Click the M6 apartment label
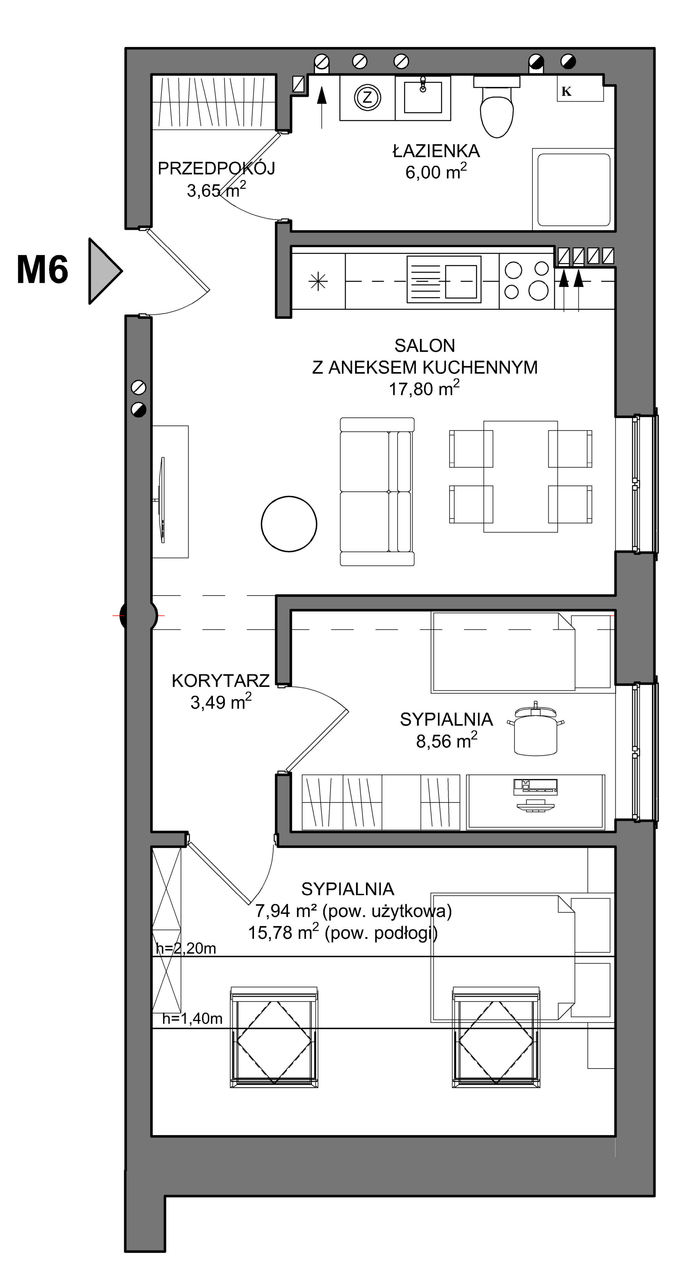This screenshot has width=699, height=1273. pyautogui.click(x=43, y=270)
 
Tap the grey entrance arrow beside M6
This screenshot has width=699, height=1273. pyautogui.click(x=105, y=271)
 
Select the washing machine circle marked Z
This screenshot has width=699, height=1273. pyautogui.click(x=367, y=97)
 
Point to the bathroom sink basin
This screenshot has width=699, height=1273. pyautogui.click(x=423, y=97)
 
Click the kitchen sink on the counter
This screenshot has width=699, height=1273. pyautogui.click(x=444, y=279)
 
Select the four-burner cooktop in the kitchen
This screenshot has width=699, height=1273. pyautogui.click(x=527, y=281)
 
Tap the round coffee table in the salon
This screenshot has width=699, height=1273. pyautogui.click(x=289, y=524)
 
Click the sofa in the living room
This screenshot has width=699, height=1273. pyautogui.click(x=377, y=491)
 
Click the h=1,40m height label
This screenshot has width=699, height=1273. pyautogui.click(x=193, y=1019)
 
